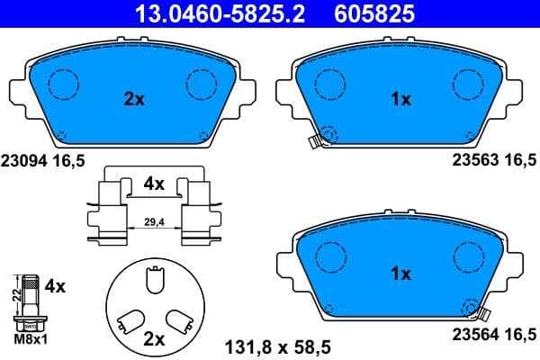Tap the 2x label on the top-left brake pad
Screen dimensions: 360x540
133,100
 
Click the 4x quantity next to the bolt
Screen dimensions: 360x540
55,287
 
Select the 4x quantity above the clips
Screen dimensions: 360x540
154,184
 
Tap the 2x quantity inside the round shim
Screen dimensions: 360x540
154,339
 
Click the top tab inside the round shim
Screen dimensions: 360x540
153,283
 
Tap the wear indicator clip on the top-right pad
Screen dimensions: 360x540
314,140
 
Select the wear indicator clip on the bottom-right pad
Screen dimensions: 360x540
481,313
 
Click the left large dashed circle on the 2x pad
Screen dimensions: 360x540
63,84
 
